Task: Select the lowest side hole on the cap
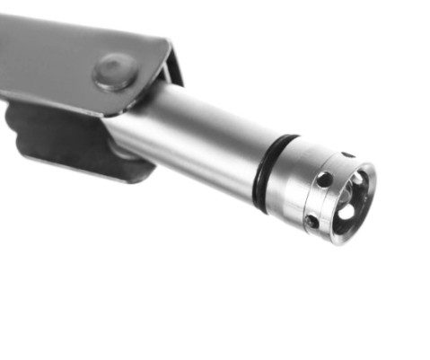coord(312,221)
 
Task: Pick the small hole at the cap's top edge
coord(348,154)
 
